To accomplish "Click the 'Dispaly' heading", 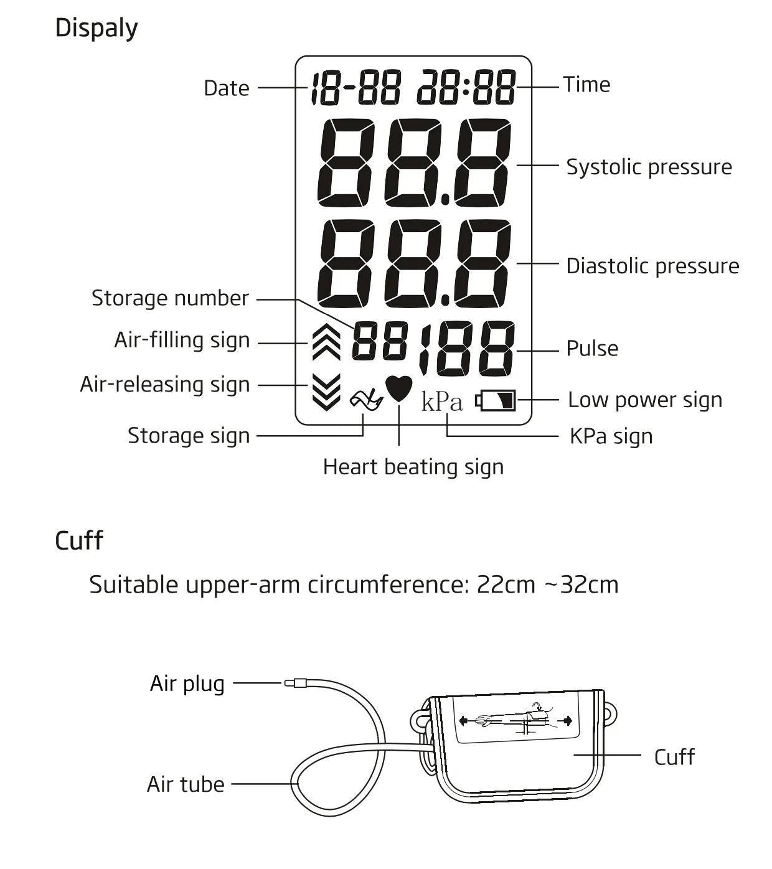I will pos(96,29).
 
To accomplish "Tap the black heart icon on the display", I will pos(398,388).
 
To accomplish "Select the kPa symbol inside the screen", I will pos(442,402).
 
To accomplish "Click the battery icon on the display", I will pos(496,400).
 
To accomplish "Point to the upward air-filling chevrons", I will pos(326,343).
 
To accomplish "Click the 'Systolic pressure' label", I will pos(649,167).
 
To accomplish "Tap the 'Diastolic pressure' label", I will pos(652,266).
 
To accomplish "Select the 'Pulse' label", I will pos(592,349).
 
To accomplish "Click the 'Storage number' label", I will pos(170,298).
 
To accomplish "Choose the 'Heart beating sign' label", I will pos(413,467).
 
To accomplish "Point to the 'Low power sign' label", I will pos(645,400).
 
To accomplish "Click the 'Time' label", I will pos(586,85).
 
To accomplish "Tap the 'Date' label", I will pos(227,88).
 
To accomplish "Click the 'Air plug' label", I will pos(187,683).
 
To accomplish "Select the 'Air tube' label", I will pos(186,784).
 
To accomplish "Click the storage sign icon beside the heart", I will pos(366,400).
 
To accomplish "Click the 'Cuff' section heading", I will pos(78,540).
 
